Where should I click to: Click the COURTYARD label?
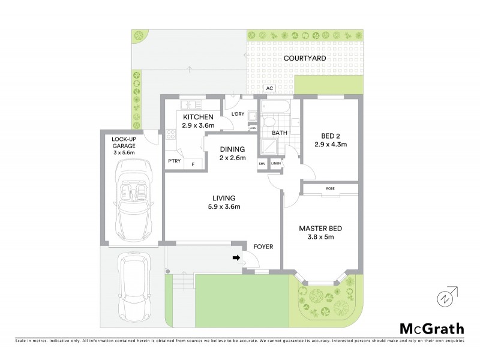[x=305, y=58]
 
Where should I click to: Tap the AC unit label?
[x=269, y=88]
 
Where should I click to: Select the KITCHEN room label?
[x=198, y=117]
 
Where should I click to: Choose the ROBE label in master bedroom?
[x=330, y=188]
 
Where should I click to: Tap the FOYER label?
[x=264, y=246]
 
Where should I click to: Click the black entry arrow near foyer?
[x=236, y=258]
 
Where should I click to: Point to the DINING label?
[x=232, y=149]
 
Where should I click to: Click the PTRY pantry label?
[x=174, y=161]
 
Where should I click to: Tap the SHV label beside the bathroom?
[x=262, y=163]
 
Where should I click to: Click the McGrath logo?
[x=431, y=328]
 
